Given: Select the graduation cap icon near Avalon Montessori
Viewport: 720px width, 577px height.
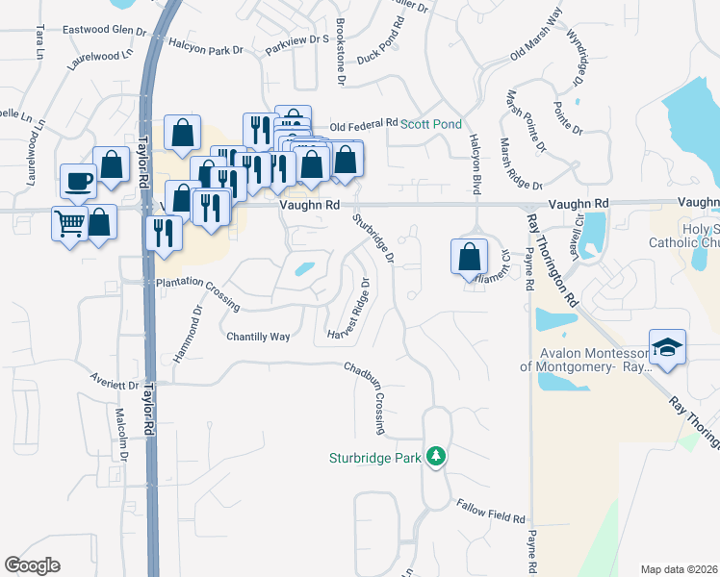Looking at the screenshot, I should click(667, 347).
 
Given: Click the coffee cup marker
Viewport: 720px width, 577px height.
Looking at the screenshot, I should click(78, 180).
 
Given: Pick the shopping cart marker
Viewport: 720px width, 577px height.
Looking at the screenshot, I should click(69, 224).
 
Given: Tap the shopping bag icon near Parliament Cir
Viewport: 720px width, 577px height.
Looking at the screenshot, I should click(468, 256).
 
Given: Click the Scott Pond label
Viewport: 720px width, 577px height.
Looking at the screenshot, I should click(431, 124).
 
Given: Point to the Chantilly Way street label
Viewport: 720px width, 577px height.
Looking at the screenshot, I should click(258, 337).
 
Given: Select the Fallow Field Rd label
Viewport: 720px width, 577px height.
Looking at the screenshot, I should click(491, 510).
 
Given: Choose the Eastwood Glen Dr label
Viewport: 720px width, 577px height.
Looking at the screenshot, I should click(104, 30).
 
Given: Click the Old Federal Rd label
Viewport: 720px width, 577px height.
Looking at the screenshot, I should click(364, 125).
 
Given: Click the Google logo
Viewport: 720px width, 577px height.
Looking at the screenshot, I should click(32, 565).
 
